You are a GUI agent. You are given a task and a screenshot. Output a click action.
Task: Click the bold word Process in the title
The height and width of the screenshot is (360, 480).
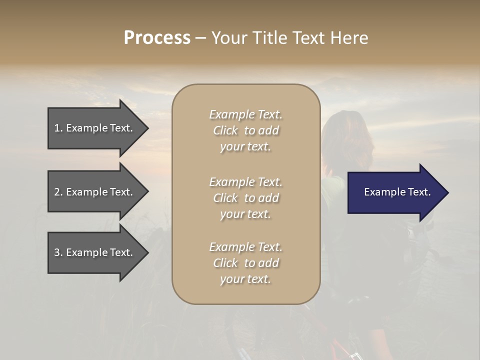coord(157,37)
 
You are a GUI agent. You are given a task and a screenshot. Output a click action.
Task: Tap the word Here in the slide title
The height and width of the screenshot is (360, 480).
coord(348,37)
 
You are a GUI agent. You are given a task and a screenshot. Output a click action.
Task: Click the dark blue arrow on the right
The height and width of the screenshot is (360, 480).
coord(395,192)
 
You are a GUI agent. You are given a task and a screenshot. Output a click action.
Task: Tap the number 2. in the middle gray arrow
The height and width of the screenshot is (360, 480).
coord(58,192)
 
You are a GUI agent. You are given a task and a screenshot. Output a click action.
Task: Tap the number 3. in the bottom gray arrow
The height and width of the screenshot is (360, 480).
coord(58,252)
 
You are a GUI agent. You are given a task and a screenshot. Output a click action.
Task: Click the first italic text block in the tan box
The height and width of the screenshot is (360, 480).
coord(245,130)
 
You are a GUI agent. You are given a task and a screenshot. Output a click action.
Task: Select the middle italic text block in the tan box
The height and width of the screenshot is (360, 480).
coord(245,197)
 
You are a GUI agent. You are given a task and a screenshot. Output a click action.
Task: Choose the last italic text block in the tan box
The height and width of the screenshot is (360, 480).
coord(245,263)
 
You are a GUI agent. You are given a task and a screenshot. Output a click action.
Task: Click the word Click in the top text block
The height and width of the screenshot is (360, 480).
coord(225,130)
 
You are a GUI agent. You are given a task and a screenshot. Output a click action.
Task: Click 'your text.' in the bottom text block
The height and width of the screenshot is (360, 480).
coord(245,279)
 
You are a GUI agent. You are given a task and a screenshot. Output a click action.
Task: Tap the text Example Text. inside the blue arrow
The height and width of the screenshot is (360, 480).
coord(397,192)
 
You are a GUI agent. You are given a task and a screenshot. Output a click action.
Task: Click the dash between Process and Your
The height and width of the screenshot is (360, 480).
coord(200,38)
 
